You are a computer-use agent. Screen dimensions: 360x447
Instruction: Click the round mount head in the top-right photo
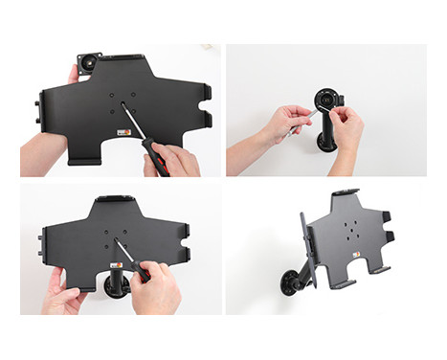[326, 100]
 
